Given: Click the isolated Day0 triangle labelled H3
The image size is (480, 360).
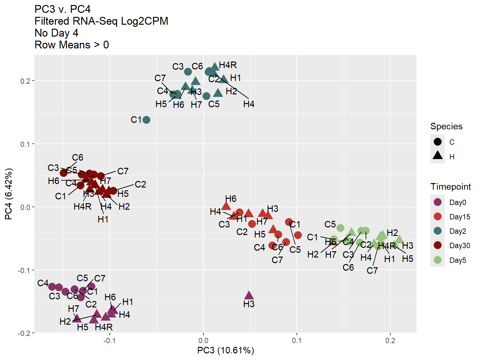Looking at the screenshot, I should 249,295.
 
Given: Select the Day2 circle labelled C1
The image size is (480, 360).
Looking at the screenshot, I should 146,120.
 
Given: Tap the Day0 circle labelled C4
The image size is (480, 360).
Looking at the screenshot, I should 52,287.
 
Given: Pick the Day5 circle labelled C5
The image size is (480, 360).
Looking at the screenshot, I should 340,228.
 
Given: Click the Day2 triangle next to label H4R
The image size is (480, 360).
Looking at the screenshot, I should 215,67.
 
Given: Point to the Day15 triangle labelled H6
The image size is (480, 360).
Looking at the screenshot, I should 226,206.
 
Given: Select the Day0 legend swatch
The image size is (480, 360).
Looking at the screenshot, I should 438,202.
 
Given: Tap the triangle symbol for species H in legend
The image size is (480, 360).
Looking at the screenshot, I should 438,155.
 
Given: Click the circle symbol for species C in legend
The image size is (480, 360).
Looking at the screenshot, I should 438,142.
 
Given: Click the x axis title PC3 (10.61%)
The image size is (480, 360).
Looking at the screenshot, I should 226,351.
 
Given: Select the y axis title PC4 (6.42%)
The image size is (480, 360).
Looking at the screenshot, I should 8,194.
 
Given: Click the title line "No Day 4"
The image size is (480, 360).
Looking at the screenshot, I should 57,33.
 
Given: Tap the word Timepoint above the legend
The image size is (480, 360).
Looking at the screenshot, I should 451,187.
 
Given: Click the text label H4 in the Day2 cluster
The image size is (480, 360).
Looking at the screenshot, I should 249,104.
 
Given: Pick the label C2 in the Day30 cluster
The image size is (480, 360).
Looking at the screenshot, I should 140,184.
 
